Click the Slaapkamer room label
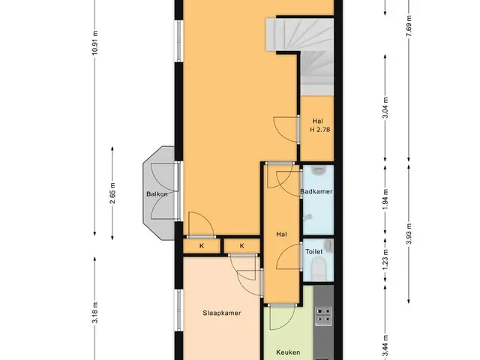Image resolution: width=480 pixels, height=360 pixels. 222,313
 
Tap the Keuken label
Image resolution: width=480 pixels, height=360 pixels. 288,352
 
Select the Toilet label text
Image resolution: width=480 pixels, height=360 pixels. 314,252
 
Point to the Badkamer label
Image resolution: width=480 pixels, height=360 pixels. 316,192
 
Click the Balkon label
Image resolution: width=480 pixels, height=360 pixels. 157,194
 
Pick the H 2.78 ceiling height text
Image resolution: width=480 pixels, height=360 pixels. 320,130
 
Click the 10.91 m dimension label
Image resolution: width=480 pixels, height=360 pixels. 95,43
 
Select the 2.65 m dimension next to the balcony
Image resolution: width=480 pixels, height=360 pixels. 112,193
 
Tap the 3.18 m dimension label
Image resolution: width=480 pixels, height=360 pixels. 95,312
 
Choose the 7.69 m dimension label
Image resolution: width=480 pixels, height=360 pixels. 409,25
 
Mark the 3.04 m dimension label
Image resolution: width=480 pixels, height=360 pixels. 385,108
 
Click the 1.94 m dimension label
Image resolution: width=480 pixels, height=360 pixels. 385,199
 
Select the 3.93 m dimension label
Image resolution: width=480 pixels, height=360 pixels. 409,234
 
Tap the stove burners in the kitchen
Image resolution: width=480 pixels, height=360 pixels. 323,316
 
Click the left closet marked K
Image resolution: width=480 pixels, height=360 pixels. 202,246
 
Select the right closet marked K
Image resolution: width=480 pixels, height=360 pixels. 242,246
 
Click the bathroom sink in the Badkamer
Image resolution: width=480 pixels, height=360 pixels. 318,170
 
